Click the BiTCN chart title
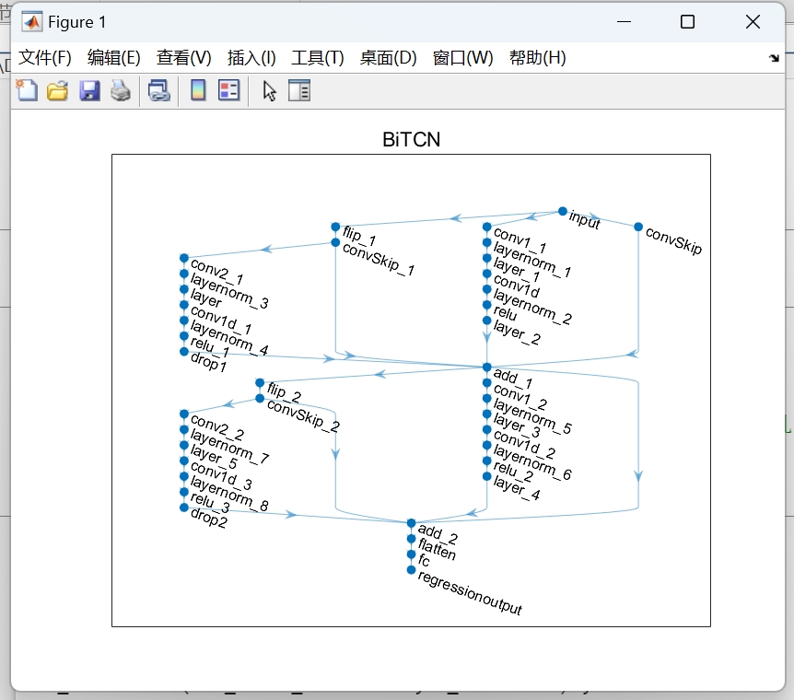click(x=411, y=140)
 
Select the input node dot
click(x=563, y=211)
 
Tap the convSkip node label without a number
click(x=673, y=240)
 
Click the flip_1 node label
click(x=359, y=236)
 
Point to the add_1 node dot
click(x=487, y=367)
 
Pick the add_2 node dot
click(x=412, y=523)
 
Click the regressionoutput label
click(x=470, y=593)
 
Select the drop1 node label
click(x=208, y=362)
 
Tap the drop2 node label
click(x=208, y=518)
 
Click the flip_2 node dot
click(x=260, y=383)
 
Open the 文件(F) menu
click(x=45, y=58)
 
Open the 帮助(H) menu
click(x=537, y=58)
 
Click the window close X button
click(x=753, y=22)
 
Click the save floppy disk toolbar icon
click(x=89, y=90)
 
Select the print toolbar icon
click(x=121, y=90)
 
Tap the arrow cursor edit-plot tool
click(x=269, y=90)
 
